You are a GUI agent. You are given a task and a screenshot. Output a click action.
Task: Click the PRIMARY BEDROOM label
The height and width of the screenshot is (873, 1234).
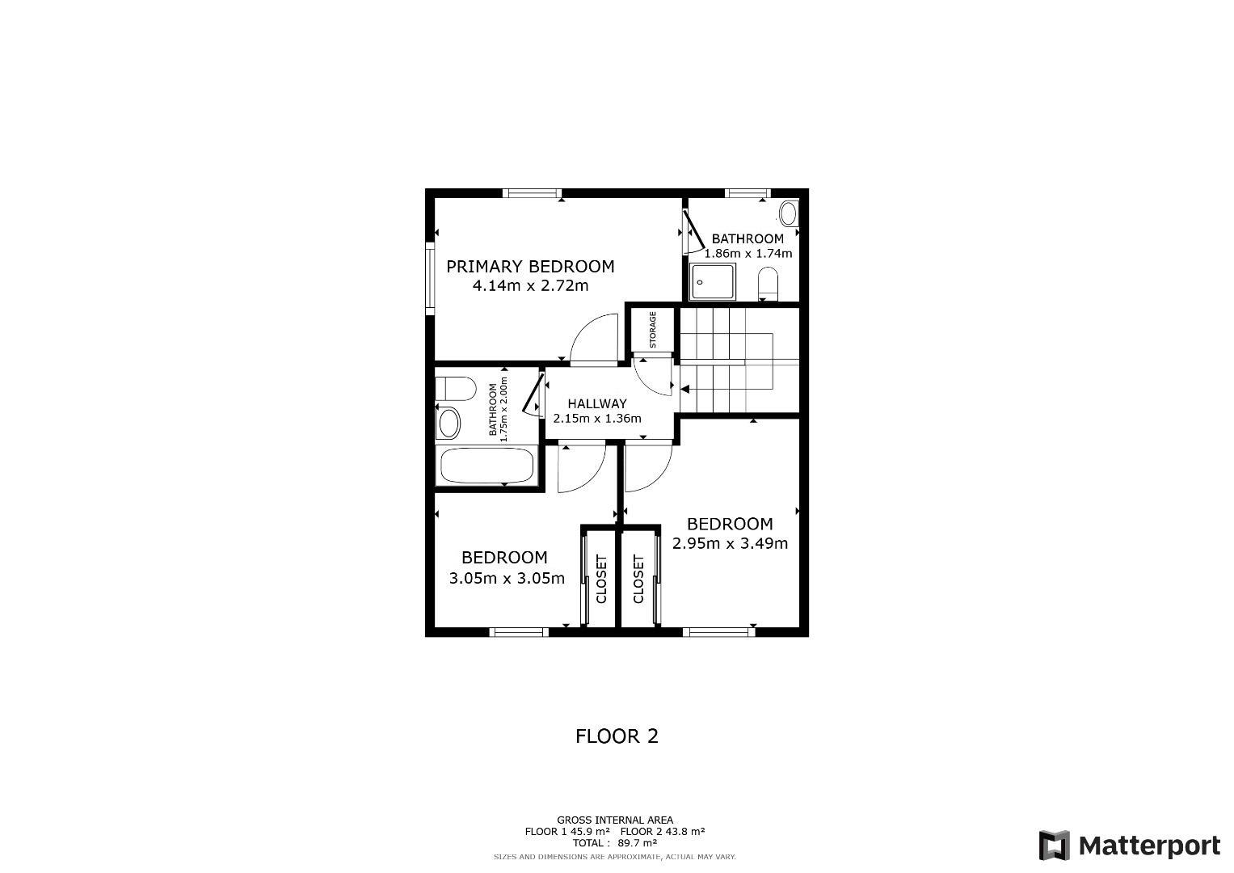click(x=530, y=267)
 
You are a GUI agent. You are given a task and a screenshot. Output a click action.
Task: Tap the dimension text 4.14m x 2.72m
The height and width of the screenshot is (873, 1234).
click(x=530, y=286)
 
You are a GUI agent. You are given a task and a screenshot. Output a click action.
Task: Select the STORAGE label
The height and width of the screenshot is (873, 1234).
click(x=653, y=330)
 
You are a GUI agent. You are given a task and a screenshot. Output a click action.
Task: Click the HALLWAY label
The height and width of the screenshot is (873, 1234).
click(x=597, y=403)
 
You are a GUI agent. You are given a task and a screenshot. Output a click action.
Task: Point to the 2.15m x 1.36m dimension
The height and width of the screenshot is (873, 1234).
click(x=597, y=419)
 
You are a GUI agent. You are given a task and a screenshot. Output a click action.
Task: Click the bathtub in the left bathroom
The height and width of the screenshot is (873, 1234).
click(x=487, y=466)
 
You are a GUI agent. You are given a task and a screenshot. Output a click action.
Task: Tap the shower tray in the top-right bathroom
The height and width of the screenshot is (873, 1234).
click(x=713, y=281)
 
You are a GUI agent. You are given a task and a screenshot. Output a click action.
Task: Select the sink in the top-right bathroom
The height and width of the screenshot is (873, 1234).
click(x=789, y=213)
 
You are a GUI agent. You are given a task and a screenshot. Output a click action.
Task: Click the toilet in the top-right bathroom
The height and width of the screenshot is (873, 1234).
click(x=768, y=283)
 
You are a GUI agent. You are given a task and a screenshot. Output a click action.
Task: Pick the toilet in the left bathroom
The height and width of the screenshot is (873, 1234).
click(x=456, y=389)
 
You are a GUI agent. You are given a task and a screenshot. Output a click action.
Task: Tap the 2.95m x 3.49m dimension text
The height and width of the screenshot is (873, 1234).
click(x=730, y=543)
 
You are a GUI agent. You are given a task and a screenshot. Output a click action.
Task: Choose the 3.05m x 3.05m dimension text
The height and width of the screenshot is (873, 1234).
click(x=507, y=578)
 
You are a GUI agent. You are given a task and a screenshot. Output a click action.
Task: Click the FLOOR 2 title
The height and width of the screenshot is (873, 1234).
click(x=617, y=736)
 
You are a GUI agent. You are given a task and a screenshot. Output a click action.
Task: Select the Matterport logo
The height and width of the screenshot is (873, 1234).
click(x=1130, y=846)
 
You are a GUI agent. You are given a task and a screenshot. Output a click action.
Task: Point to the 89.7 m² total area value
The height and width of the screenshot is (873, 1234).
click(x=638, y=842)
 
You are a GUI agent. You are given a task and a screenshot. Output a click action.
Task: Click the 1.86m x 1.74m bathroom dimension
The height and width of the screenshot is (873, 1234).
click(x=748, y=254)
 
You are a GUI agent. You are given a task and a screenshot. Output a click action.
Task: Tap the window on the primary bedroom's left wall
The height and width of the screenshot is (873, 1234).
click(x=430, y=279)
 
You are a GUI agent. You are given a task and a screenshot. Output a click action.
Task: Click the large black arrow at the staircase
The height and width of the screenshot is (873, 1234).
click(x=684, y=390)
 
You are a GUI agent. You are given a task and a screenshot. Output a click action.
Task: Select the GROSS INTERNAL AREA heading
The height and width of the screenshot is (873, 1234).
click(x=615, y=820)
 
